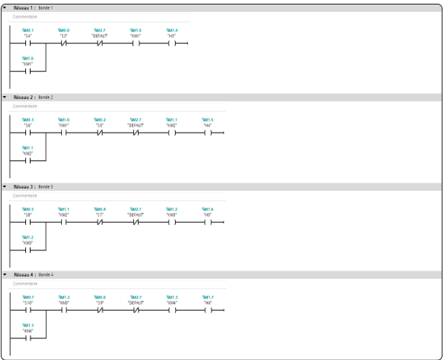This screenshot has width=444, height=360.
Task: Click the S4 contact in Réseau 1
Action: [x=28, y=43]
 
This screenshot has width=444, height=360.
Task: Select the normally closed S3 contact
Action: [x=63, y=43]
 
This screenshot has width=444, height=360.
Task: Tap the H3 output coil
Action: [x=171, y=43]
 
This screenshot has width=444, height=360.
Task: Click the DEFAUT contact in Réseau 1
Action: [x=100, y=43]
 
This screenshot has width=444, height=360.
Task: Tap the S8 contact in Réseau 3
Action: [x=28, y=222]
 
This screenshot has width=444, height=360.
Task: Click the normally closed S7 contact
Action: [x=100, y=222]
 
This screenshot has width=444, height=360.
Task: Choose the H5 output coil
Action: [x=207, y=222]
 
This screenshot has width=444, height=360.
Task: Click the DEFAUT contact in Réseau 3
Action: [x=136, y=222]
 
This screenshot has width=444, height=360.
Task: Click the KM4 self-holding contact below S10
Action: [x=28, y=338]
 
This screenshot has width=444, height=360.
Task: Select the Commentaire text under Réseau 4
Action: [x=25, y=283]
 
